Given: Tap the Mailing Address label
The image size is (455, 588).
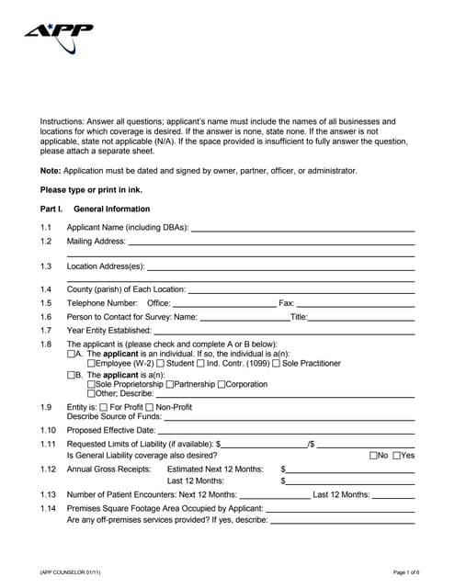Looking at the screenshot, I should pyautogui.click(x=96, y=241).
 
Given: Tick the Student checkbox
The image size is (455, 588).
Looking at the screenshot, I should pyautogui.click(x=161, y=364).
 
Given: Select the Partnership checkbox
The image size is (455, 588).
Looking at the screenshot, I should pyautogui.click(x=169, y=385).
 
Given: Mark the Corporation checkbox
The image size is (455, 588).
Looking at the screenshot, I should pyautogui.click(x=221, y=385).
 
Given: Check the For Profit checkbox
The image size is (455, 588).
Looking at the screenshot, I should pyautogui.click(x=103, y=406).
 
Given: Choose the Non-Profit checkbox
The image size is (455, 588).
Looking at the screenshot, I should pyautogui.click(x=151, y=406).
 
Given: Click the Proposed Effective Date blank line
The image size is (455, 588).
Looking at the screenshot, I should pyautogui.click(x=286, y=430).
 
